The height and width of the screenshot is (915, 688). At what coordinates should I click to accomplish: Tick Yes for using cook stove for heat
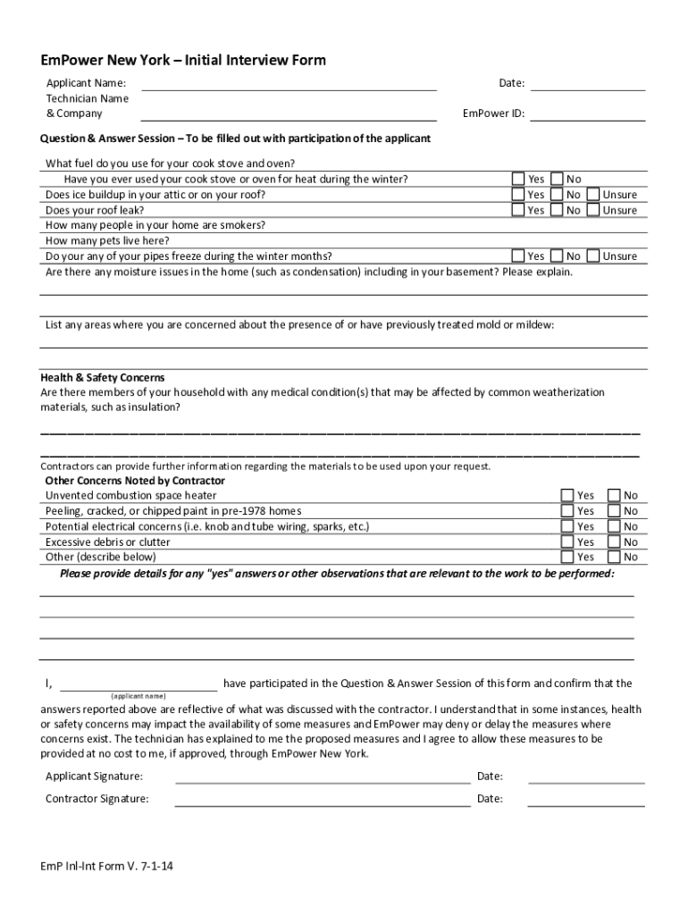tap(518, 179)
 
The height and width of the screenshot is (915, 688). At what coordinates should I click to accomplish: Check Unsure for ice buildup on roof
tap(593, 194)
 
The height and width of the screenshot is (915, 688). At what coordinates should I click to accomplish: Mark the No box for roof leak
tap(557, 210)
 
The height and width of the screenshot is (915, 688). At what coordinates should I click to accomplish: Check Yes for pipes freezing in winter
tap(518, 256)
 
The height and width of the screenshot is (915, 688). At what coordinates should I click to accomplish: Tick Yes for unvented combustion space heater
tap(567, 495)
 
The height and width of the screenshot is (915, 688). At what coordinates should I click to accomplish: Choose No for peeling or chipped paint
tap(614, 510)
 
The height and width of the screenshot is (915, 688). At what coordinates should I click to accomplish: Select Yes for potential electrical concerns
tap(567, 526)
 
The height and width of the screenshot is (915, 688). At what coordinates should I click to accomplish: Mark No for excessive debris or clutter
tap(614, 541)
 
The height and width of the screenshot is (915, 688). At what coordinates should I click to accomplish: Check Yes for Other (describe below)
tap(567, 557)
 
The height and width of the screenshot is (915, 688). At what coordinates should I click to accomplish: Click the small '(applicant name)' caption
tap(138, 696)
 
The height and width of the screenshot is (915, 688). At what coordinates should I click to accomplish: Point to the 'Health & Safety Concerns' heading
tap(102, 378)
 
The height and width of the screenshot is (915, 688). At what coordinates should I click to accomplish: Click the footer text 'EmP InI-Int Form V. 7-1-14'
tap(107, 866)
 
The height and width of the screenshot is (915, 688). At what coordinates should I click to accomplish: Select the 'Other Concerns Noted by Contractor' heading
tap(135, 481)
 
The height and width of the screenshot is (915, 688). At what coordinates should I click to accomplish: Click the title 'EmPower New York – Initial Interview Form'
tap(183, 61)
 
